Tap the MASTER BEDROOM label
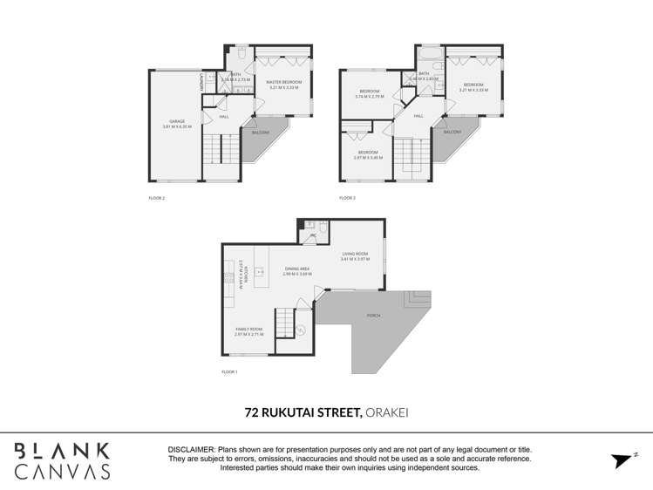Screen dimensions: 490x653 [283, 83]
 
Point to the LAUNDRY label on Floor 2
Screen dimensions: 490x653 [203, 81]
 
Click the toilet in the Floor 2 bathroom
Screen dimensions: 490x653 [241, 55]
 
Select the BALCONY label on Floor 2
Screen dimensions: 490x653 [260, 133]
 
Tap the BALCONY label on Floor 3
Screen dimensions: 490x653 [452, 133]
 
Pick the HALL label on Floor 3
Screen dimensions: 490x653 [418, 115]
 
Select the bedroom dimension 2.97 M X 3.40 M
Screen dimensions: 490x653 [368, 158]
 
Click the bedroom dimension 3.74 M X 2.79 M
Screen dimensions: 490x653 [370, 96]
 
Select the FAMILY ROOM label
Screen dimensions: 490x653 [248, 329]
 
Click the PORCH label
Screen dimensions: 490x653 [374, 315]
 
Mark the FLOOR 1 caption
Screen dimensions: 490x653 [229, 372]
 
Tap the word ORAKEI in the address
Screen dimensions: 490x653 [386, 412]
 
